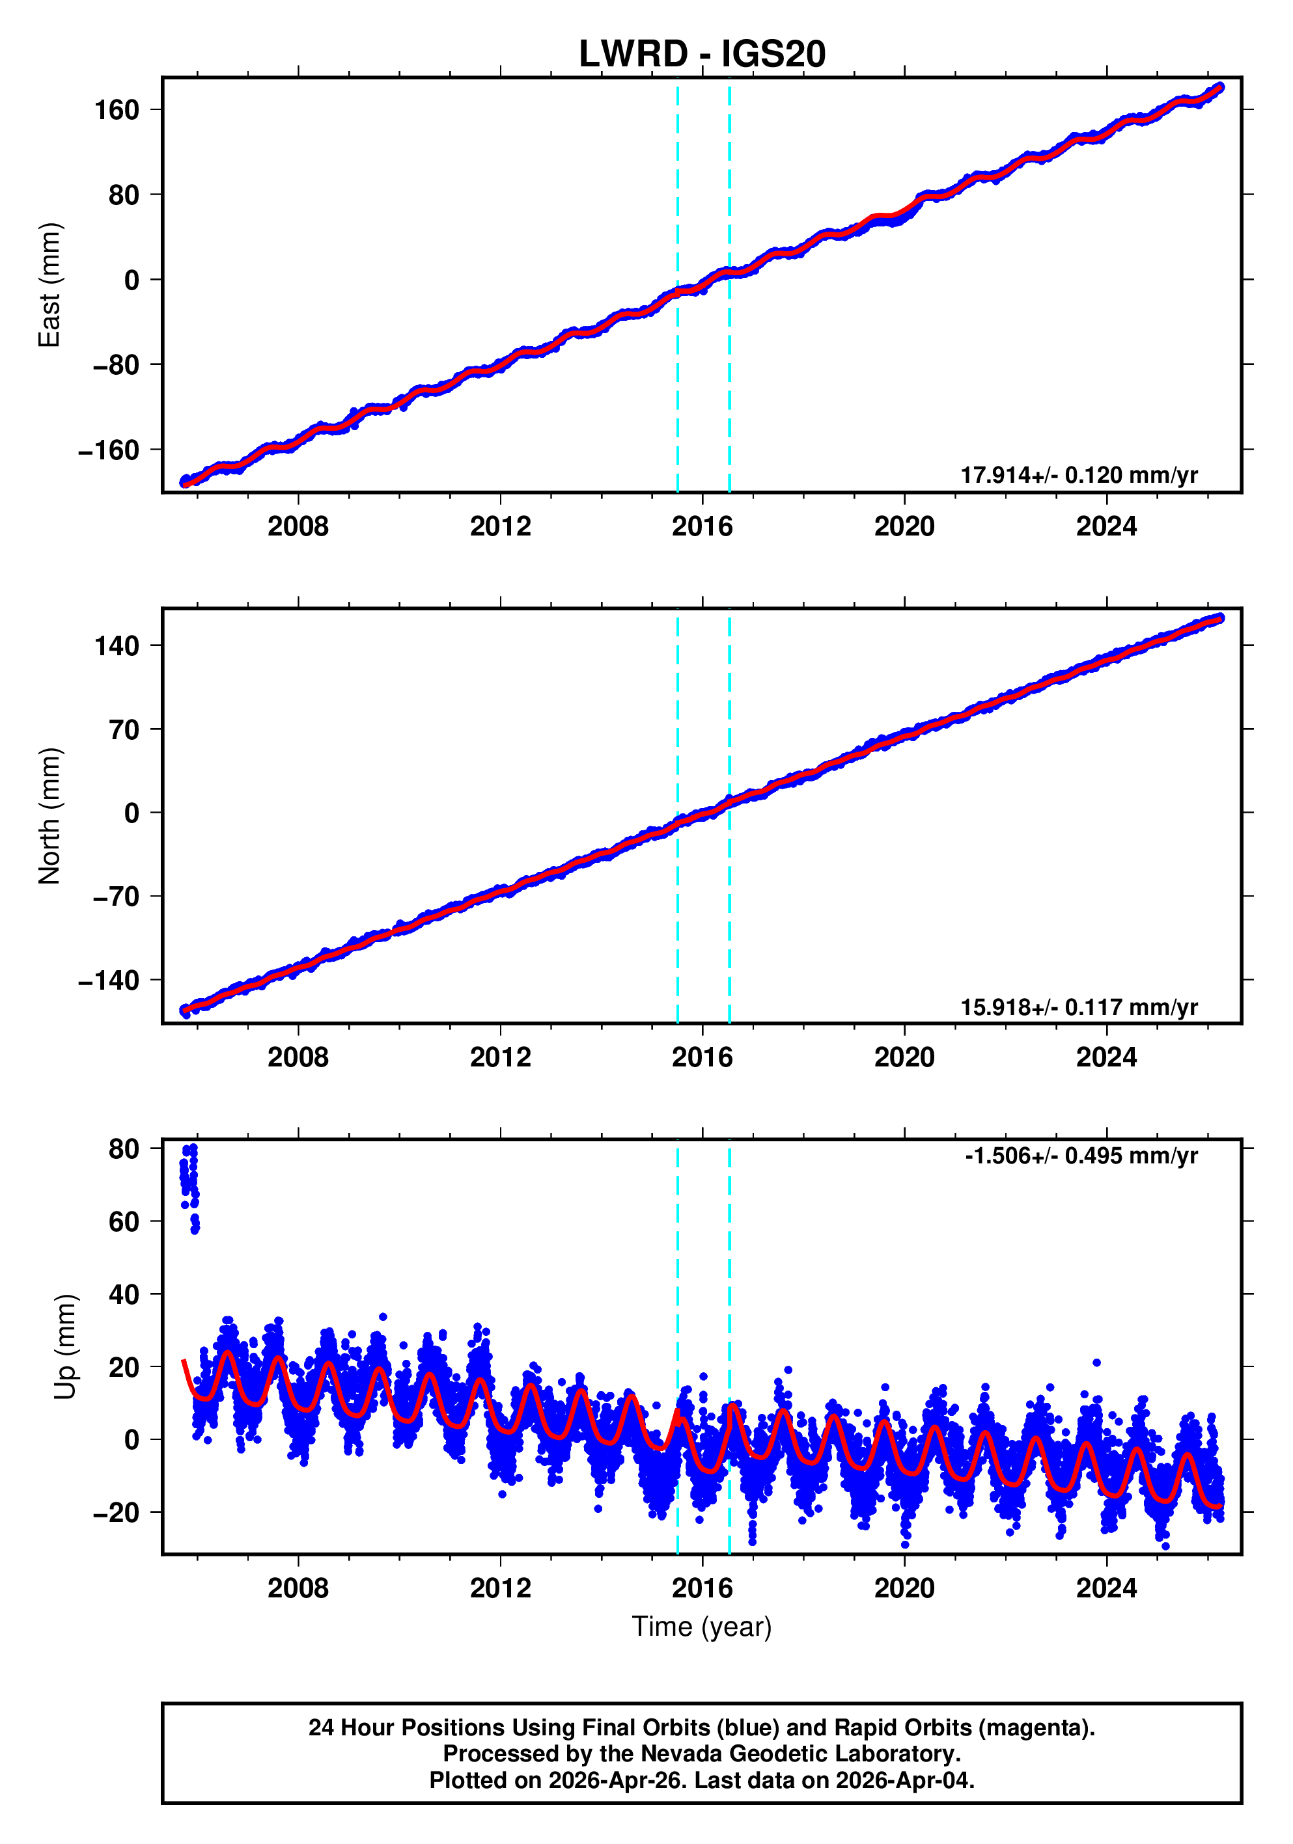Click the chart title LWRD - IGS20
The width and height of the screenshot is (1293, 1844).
[x=702, y=55]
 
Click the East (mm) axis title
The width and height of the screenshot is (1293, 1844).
[x=50, y=285]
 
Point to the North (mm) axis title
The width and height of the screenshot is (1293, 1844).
[x=50, y=816]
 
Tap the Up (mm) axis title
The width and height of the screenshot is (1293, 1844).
[x=66, y=1347]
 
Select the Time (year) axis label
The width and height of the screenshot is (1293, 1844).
[x=702, y=1626]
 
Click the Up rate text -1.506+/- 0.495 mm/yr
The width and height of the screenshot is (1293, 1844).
[x=1081, y=1156]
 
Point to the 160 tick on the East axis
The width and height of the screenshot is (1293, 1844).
[x=117, y=110]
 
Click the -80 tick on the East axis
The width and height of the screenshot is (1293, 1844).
[x=117, y=366]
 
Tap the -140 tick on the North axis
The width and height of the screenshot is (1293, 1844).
[x=110, y=981]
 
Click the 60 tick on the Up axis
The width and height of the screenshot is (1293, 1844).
[x=124, y=1221]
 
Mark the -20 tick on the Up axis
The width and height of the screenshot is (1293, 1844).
[x=117, y=1513]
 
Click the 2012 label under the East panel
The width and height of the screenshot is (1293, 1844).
[x=500, y=527]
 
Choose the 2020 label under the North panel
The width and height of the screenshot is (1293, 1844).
[x=904, y=1058]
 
